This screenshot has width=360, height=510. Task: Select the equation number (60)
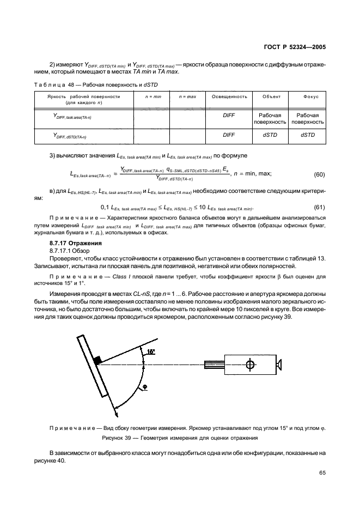point(320,174)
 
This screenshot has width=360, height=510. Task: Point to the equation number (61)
point(320,207)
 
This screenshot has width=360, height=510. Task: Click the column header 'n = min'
point(152,96)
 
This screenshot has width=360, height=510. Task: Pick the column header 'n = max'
point(187,96)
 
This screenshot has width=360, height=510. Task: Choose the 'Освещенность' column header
point(229,96)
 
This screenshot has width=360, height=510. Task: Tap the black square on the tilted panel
point(97,360)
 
